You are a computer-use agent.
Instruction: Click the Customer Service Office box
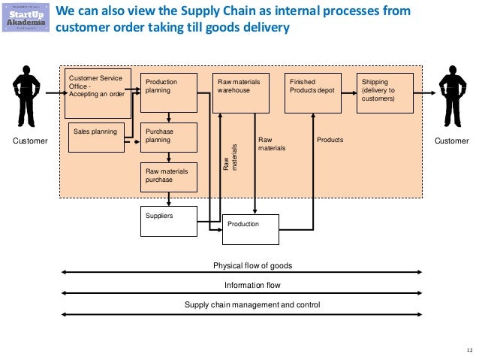pyautogui.click(x=98, y=94)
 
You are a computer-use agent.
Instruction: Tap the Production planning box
pyautogui.click(x=168, y=92)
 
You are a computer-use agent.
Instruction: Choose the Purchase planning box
pyautogui.click(x=168, y=138)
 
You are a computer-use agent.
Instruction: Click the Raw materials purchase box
pyautogui.click(x=168, y=177)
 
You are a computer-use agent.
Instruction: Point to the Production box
pyautogui.click(x=250, y=229)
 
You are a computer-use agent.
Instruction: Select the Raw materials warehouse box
pyautogui.click(x=241, y=92)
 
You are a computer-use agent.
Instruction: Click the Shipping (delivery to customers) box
pyautogui.click(x=385, y=92)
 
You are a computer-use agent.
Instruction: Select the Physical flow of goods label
pyautogui.click(x=252, y=266)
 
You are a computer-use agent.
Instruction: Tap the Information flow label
pyautogui.click(x=252, y=286)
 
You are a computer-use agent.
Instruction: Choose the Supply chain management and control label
pyautogui.click(x=252, y=304)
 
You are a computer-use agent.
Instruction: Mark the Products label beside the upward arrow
pyautogui.click(x=330, y=140)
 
